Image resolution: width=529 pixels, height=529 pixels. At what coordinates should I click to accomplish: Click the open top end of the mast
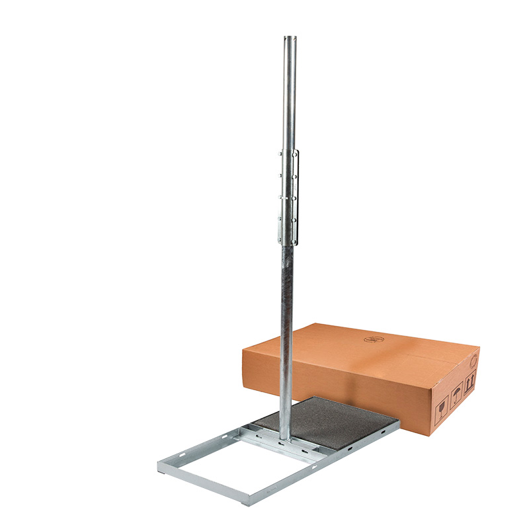point(289,38)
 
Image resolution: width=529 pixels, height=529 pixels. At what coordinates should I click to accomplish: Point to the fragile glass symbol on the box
point(440,399)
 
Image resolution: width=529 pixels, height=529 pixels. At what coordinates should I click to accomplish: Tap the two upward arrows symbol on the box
point(469,382)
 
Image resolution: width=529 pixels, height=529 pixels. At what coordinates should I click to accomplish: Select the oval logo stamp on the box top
point(374,339)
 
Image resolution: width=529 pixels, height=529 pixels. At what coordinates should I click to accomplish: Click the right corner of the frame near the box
point(397,422)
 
